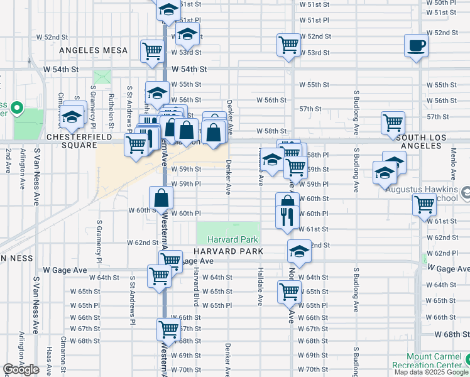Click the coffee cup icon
(417, 46)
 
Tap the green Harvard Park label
(228, 239)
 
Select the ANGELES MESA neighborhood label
(93, 50)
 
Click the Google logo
(21, 369)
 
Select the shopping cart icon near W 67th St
(168, 328)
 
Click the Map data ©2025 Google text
(431, 372)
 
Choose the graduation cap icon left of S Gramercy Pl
(73, 117)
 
